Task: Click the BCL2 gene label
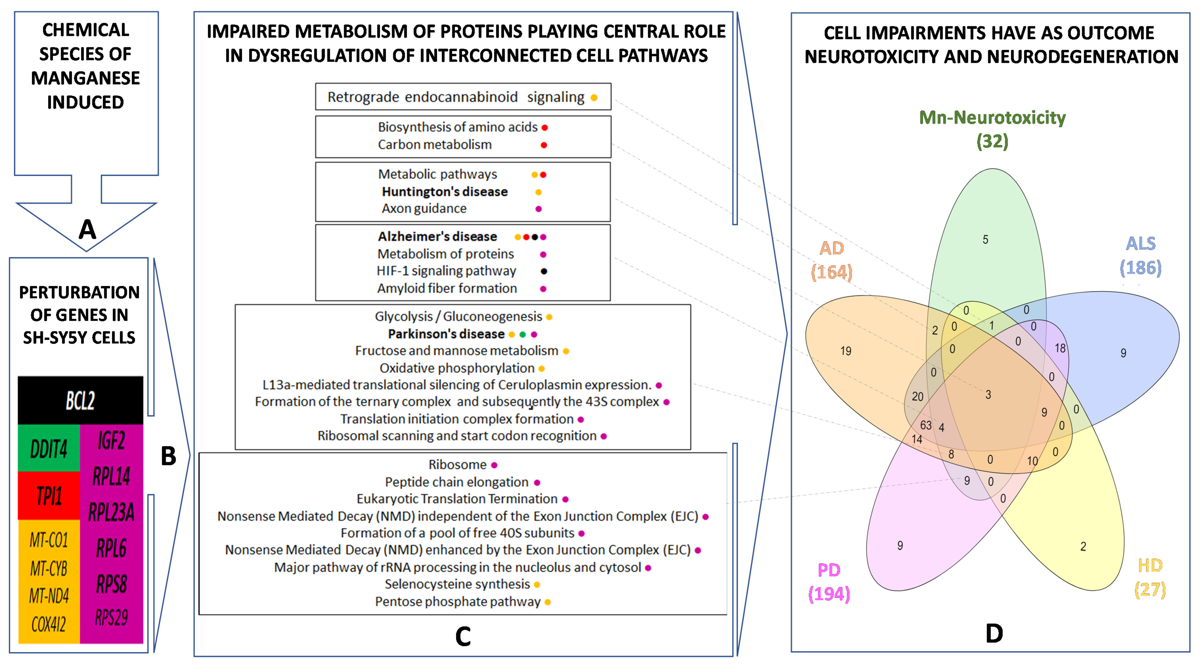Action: [x=80, y=400]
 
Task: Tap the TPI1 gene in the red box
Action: [x=49, y=496]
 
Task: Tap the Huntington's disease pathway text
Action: [x=444, y=192]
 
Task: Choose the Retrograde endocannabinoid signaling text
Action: [x=456, y=97]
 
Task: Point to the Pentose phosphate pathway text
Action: [x=458, y=602]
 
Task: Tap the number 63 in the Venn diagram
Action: [x=926, y=425]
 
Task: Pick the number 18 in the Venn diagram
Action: [x=1060, y=348]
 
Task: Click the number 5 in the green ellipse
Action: [x=985, y=240]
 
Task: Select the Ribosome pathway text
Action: [x=457, y=465]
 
